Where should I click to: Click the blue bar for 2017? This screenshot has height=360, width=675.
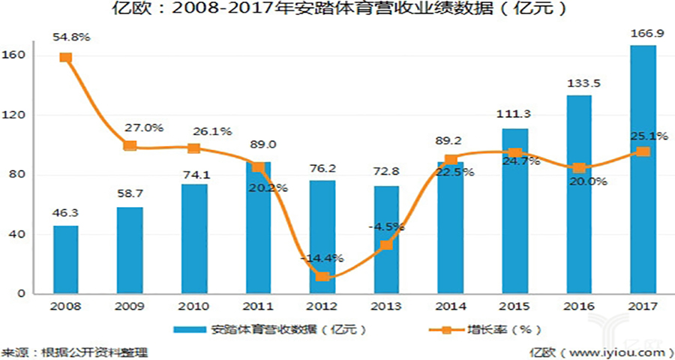pyautogui.click(x=643, y=169)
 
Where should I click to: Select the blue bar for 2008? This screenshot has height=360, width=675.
pyautogui.click(x=65, y=259)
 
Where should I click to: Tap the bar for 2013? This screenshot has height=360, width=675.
pyautogui.click(x=386, y=240)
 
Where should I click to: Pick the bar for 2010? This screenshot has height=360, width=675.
pyautogui.click(x=194, y=238)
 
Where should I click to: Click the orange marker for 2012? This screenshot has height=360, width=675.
pyautogui.click(x=322, y=277)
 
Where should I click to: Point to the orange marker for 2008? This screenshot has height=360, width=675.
pyautogui.click(x=65, y=58)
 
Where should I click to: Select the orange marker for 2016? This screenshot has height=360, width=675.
pyautogui.click(x=579, y=168)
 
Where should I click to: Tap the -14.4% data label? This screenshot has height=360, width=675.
pyautogui.click(x=322, y=257)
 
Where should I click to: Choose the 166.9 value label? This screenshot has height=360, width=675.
pyautogui.click(x=643, y=34)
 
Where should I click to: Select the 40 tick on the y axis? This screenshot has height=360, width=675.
pyautogui.click(x=22, y=235)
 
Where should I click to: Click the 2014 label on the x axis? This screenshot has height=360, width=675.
pyautogui.click(x=450, y=307)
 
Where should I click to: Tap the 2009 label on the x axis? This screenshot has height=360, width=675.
pyautogui.click(x=130, y=307)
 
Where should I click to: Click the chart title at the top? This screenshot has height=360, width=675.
pyautogui.click(x=337, y=10)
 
